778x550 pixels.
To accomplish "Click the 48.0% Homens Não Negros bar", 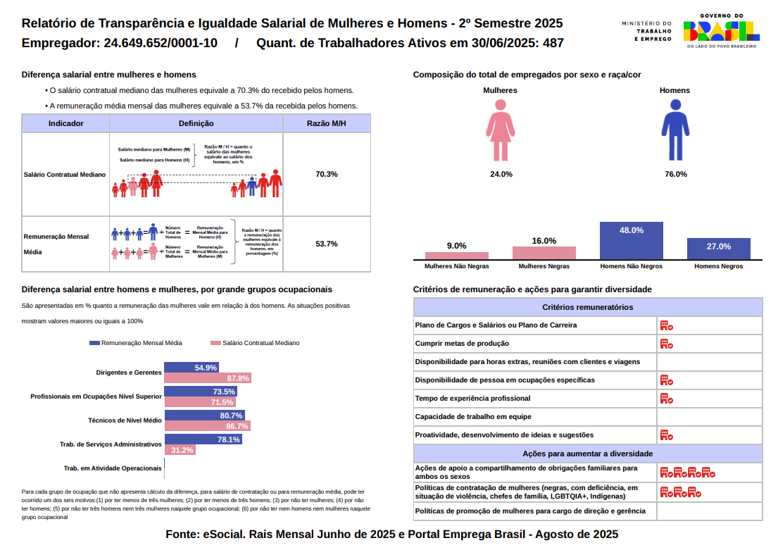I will point(631,241).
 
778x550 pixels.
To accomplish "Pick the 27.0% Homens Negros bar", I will point(718,249).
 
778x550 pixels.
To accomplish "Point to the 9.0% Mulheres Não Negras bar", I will point(456,256).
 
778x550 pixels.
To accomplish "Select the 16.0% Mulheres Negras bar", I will point(544,253).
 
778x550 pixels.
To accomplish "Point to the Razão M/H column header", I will point(327,123).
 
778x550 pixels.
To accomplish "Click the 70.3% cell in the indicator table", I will point(327,174).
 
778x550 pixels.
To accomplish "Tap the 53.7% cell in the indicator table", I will point(327,244).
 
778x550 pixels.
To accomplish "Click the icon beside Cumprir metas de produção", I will point(666,344).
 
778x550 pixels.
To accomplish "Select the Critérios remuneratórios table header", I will point(587,307).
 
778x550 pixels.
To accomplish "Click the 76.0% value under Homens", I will point(675,174).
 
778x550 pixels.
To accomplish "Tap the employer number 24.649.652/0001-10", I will point(160,43).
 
